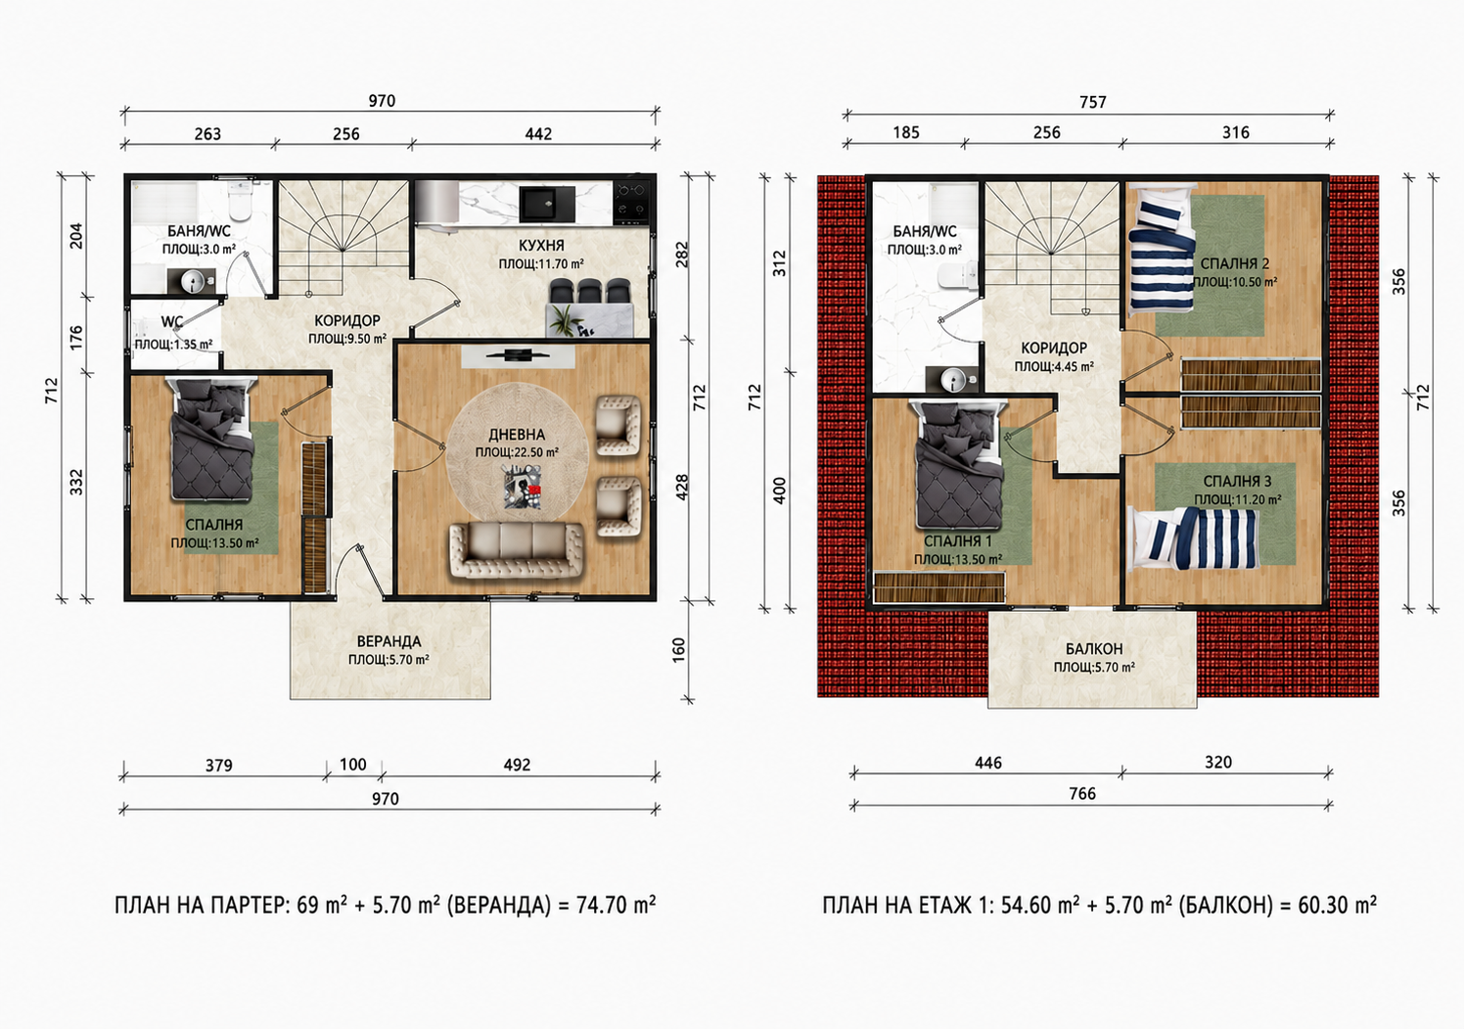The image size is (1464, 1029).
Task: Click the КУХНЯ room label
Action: [541, 245]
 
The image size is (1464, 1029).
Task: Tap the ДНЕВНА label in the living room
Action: [517, 435]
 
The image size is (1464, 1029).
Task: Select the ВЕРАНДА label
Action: [389, 641]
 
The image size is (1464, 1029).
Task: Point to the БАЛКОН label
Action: [1094, 649]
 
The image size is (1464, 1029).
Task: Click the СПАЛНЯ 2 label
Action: [1235, 263]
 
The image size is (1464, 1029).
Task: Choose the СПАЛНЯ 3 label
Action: [1237, 482]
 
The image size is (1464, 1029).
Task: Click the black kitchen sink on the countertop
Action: [547, 204]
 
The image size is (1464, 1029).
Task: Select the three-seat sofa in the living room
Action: [517, 550]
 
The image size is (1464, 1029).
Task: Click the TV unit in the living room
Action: [518, 356]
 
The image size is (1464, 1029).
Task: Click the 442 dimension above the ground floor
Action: [538, 134]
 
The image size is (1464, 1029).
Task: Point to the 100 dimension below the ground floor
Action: [353, 765]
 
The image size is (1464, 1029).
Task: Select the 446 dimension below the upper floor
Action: [987, 763]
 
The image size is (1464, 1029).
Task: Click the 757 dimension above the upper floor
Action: [1093, 103]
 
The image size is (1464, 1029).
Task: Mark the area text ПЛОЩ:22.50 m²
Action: [517, 452]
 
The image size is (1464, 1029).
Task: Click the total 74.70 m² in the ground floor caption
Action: [616, 905]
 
